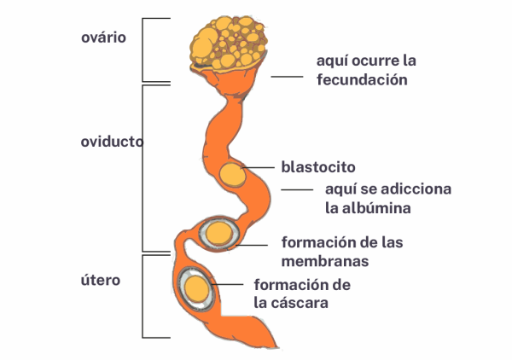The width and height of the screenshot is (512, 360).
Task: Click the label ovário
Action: coord(103,38)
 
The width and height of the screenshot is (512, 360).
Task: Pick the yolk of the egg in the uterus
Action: coord(198,287)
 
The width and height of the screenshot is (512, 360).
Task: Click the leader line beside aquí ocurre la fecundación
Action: coord(288,77)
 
